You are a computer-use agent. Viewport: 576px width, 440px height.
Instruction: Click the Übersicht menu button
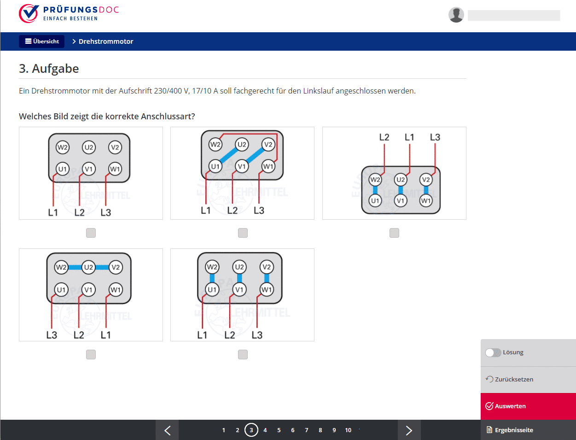[x=41, y=41]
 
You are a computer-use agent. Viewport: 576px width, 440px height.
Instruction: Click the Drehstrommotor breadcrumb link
[x=106, y=41]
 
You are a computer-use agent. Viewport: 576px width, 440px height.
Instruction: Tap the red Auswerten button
[x=528, y=406]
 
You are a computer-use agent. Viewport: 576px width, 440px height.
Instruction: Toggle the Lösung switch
[x=493, y=352]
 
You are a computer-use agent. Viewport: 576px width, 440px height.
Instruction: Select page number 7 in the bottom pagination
[x=307, y=430]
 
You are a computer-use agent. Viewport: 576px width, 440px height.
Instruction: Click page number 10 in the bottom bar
[x=348, y=430]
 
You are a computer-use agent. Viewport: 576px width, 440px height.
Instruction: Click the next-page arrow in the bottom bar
[x=409, y=430]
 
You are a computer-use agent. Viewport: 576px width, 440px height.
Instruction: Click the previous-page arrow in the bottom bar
[x=168, y=430]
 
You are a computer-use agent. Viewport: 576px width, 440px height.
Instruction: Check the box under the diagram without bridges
[x=91, y=233]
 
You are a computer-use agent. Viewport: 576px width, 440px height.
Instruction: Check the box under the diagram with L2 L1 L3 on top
[x=394, y=233]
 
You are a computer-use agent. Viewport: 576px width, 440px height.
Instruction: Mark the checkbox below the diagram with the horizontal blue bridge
[x=91, y=355]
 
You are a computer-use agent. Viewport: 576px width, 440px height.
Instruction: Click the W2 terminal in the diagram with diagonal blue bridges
[x=215, y=144]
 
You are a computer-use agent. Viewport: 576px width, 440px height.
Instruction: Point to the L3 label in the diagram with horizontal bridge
[x=52, y=335]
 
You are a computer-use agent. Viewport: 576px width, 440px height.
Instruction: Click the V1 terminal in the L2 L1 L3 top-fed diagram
[x=401, y=201]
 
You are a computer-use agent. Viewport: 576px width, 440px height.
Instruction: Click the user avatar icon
[x=456, y=15]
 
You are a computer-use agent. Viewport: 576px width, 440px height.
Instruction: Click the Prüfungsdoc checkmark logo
[x=29, y=13]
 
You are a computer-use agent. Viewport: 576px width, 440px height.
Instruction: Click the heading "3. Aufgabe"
[x=49, y=69]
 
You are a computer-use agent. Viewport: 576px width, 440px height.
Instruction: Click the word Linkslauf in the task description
[x=318, y=91]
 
